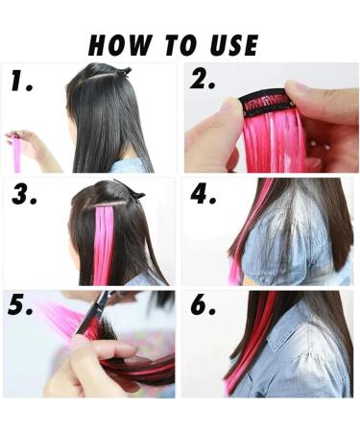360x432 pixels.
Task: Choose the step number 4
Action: (204, 197)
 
